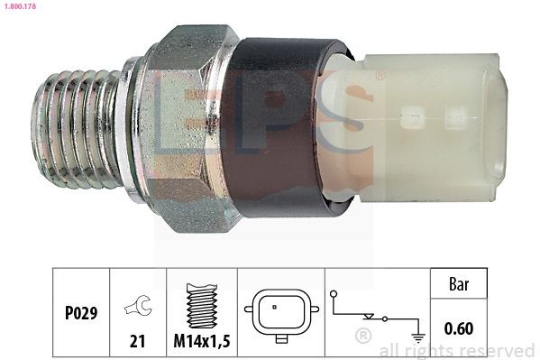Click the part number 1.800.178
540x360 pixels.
coord(18,6)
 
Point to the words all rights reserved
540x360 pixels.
coord(458,350)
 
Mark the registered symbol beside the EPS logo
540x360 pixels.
coord(379,76)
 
